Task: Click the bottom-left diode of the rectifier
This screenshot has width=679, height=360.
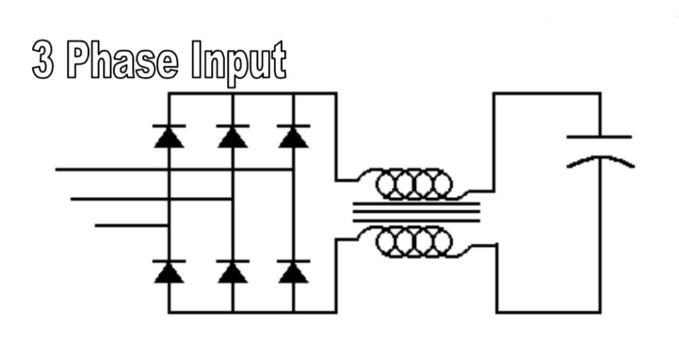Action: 169,272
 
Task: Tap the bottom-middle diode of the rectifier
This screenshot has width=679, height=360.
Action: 232,272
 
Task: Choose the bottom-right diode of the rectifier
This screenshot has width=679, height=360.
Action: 293,272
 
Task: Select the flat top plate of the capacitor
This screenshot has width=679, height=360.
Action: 599,137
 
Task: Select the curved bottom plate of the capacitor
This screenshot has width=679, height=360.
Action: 599,161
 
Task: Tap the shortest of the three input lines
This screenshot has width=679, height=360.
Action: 129,226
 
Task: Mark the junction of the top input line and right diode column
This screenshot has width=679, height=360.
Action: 293,170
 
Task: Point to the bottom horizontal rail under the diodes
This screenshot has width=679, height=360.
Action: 252,312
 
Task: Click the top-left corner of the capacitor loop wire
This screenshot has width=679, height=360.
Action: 494,94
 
